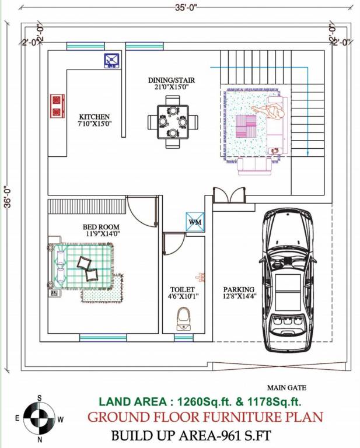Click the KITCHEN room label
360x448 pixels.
click(x=95, y=117)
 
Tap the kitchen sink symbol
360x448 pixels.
click(x=112, y=60)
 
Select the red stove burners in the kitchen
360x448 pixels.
click(x=57, y=105)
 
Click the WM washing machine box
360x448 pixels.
click(x=194, y=222)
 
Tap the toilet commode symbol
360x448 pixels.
click(x=184, y=319)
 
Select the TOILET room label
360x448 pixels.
click(x=183, y=289)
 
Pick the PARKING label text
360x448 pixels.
click(x=239, y=289)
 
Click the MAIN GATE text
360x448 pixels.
click(x=286, y=387)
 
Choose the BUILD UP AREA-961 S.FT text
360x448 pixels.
click(x=191, y=435)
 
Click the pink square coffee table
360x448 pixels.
click(x=246, y=125)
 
